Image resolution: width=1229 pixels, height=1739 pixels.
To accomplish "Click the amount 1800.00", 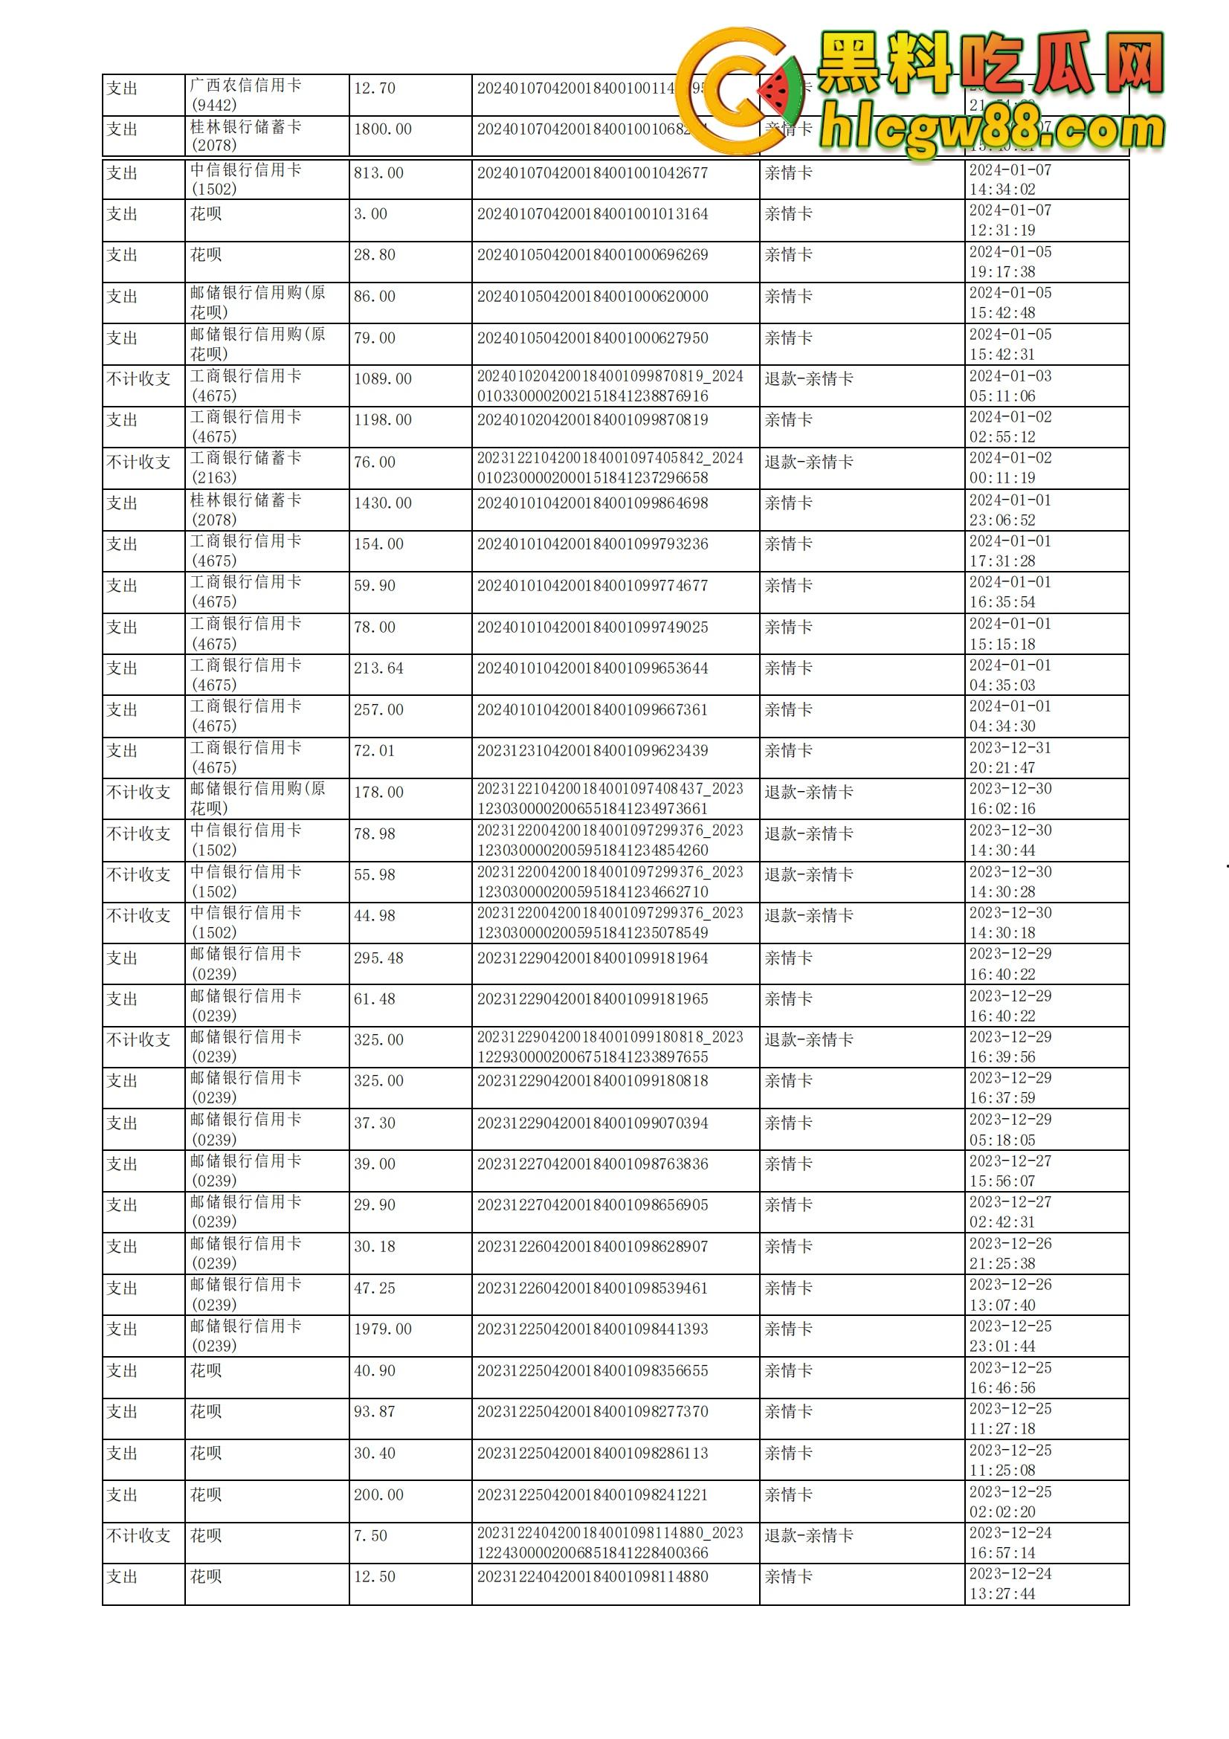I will pos(382,129).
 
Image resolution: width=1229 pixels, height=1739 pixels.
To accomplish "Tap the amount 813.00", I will pos(378,173).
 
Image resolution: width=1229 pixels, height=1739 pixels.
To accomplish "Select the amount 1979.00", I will pos(382,1329).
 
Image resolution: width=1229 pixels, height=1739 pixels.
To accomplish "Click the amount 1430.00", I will pos(382,503).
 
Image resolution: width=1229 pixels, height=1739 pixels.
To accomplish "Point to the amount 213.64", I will pos(378,668).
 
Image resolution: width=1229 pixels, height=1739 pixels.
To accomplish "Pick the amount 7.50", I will pos(370,1535).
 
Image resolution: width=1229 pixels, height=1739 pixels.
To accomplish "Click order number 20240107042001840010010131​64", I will pos(592,214).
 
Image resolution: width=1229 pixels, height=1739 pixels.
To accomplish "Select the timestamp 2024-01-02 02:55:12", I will pos(1010,427).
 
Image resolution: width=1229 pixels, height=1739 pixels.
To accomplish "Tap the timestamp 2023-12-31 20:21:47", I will pos(1010,758).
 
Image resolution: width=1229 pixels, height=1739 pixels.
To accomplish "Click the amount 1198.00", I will pos(382,419).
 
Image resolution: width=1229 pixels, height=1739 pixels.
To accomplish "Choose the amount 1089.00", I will pos(382,378).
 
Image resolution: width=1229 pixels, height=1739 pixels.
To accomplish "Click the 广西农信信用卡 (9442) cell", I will pos(245,95).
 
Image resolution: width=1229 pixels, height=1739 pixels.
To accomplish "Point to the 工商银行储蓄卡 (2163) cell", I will pos(245,468).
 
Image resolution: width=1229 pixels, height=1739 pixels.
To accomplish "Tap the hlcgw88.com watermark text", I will pos(992,130).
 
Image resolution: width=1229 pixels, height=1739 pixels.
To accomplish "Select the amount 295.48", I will pos(378,958).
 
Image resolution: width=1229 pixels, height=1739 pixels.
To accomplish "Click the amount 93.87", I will pos(374,1412).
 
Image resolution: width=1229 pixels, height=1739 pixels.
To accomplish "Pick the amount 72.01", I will pos(374,751).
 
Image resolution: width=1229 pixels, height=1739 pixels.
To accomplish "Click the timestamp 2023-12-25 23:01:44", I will pos(1010,1336).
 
